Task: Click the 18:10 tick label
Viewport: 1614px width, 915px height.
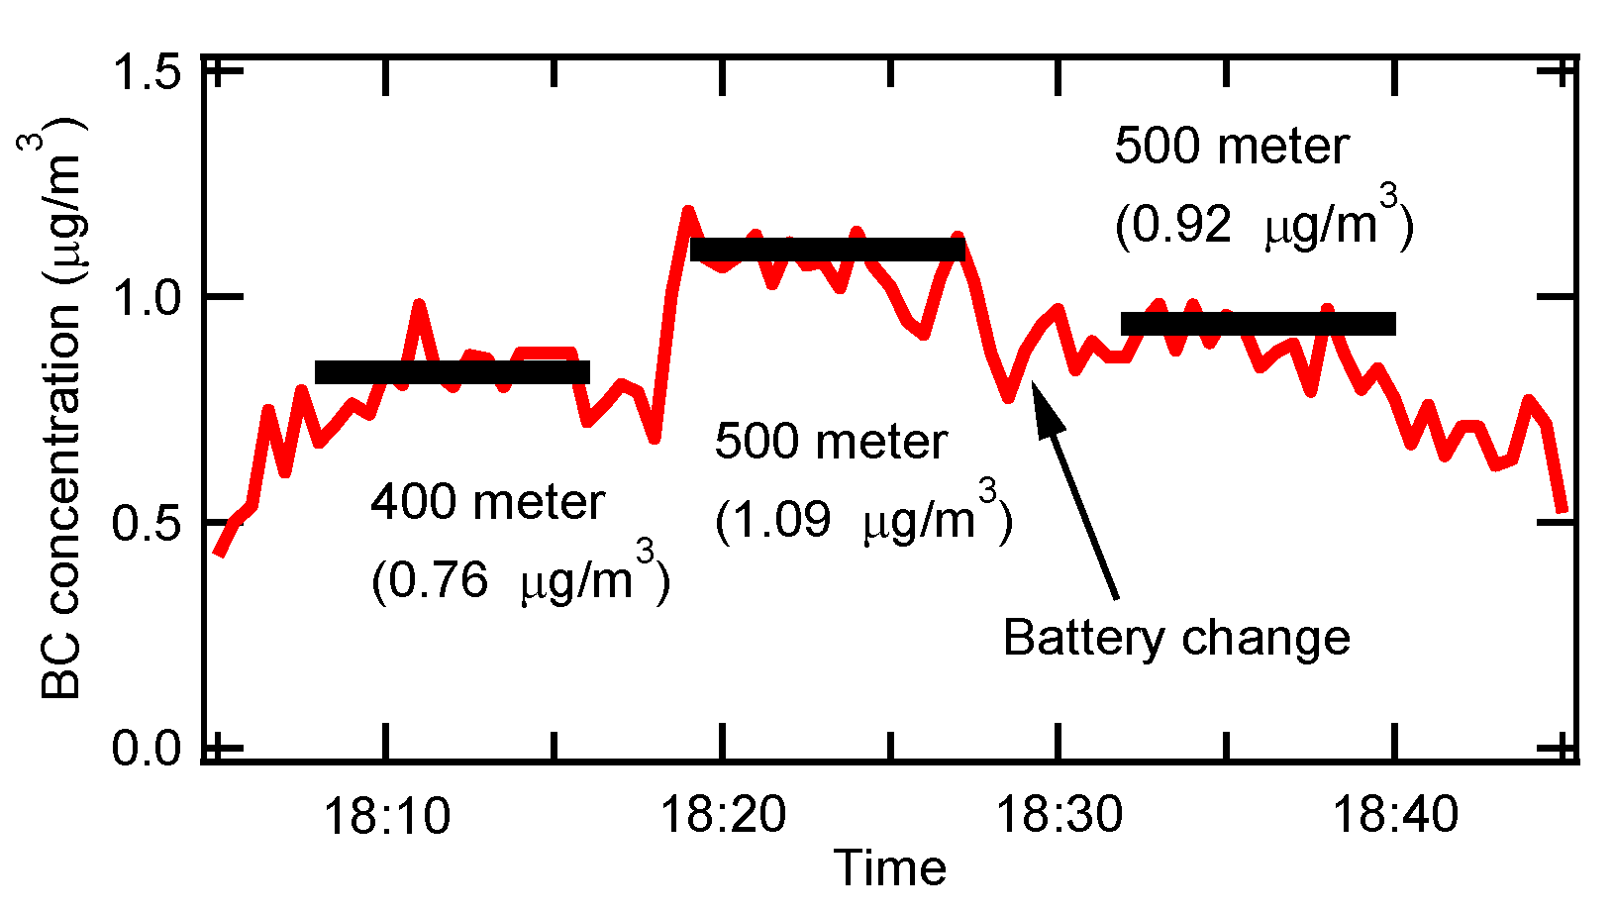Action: pos(386,815)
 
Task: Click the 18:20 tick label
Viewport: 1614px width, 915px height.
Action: pos(723,815)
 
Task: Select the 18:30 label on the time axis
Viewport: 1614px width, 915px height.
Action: pos(1059,815)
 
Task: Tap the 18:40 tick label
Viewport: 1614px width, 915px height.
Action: pos(1395,815)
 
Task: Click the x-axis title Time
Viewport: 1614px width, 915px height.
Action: pos(890,868)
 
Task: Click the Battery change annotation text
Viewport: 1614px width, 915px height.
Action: pos(1176,637)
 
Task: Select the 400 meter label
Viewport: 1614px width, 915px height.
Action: pos(487,502)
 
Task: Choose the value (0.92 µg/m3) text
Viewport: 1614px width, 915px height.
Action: pos(1263,222)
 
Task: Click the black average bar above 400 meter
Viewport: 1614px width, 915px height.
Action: pos(453,372)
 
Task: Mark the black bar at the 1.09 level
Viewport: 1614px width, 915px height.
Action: pos(827,250)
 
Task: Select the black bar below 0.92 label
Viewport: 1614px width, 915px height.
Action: pos(1259,324)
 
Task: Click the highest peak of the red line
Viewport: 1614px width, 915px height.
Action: pos(687,211)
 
